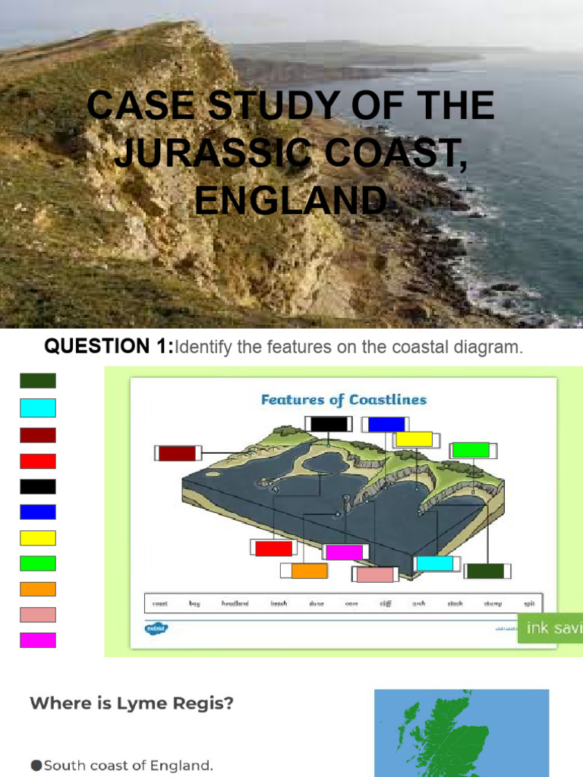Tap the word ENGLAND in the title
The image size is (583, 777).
coord(291,200)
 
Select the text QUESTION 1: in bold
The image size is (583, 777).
coord(109,348)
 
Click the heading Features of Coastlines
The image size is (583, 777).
coord(344,400)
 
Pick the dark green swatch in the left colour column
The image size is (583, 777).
coord(38,381)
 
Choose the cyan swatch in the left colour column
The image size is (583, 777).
coord(38,408)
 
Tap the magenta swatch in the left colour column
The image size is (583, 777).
coord(38,640)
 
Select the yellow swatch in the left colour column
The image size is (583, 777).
coord(38,538)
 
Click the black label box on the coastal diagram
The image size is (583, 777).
coord(328,424)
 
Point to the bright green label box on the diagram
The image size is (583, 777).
coord(471,450)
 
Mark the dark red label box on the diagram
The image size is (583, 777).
coord(177,454)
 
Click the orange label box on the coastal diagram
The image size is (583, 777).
coord(309,571)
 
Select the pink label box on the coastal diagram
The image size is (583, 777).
coord(375,575)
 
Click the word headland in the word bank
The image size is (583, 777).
coord(235,604)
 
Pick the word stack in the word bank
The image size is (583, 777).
coord(455,604)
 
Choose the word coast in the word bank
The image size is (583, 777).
coord(160,604)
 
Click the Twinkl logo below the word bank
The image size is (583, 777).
coord(156,628)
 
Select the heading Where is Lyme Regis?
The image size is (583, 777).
coord(131,703)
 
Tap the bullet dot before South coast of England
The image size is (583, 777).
coord(36,766)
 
